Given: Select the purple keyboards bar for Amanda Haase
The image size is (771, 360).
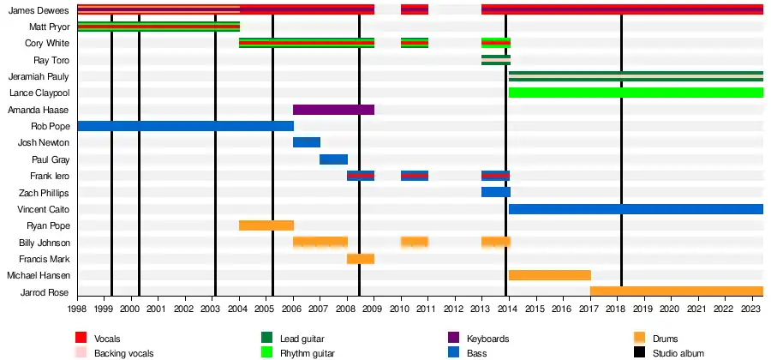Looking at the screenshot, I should pyautogui.click(x=333, y=110).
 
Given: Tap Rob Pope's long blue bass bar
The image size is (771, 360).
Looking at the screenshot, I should pyautogui.click(x=185, y=126).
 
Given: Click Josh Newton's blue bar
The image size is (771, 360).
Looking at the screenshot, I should pyautogui.click(x=307, y=142).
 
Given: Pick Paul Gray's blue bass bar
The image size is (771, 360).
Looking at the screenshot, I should pyautogui.click(x=333, y=159).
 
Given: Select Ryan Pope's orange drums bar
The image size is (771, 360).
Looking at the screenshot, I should pyautogui.click(x=266, y=225).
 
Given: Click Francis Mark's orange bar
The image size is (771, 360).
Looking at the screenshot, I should pyautogui.click(x=361, y=259).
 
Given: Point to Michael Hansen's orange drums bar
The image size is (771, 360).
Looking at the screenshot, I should pyautogui.click(x=549, y=275).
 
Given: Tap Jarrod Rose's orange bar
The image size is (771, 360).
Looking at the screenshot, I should pyautogui.click(x=676, y=291).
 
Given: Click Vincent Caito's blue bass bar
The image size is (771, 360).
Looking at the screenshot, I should pyautogui.click(x=636, y=209).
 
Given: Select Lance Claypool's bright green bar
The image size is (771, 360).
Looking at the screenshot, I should pyautogui.click(x=636, y=93).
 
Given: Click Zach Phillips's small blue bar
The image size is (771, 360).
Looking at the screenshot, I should pyautogui.click(x=495, y=192).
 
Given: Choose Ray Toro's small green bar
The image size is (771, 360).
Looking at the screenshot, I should pyautogui.click(x=495, y=60).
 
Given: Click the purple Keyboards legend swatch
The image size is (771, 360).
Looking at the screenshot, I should pyautogui.click(x=454, y=339).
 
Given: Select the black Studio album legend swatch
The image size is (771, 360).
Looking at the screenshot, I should pyautogui.click(x=639, y=352).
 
